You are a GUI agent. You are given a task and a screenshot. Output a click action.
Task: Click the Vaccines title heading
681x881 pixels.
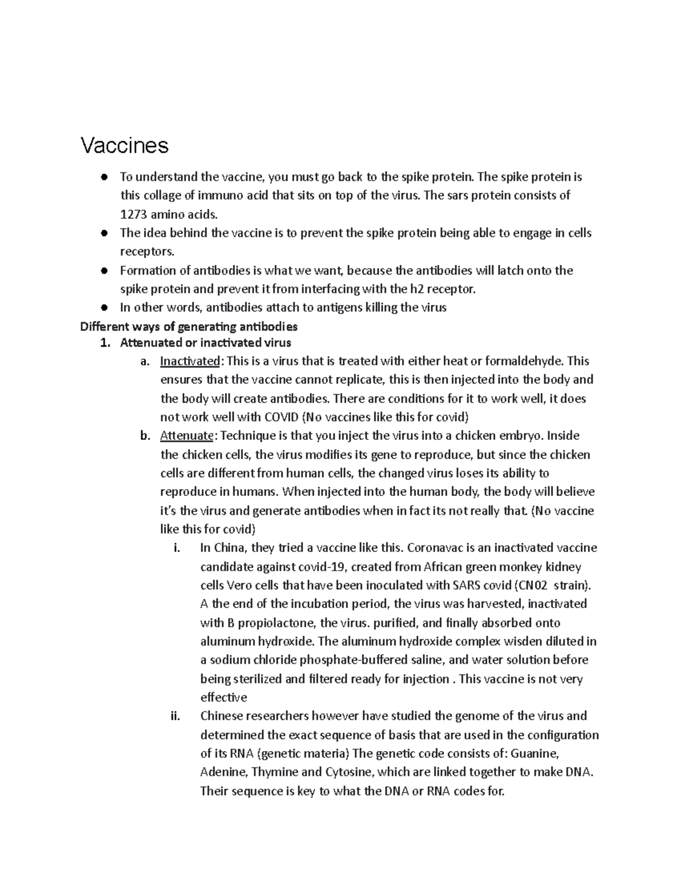coord(124,146)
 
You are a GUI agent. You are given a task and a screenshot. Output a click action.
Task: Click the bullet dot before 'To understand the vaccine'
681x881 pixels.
coord(104,178)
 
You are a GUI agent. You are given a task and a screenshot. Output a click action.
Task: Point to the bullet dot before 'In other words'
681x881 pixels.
coord(104,308)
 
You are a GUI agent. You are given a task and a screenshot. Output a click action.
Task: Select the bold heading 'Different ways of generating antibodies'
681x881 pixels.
coord(188,327)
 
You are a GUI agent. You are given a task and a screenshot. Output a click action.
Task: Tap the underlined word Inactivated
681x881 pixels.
coord(190,361)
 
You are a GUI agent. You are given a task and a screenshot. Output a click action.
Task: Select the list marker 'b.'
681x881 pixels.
coord(145,436)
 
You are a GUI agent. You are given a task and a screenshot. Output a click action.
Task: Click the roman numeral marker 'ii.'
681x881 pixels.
coord(175,716)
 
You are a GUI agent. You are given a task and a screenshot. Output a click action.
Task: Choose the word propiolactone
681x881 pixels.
coord(276,623)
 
